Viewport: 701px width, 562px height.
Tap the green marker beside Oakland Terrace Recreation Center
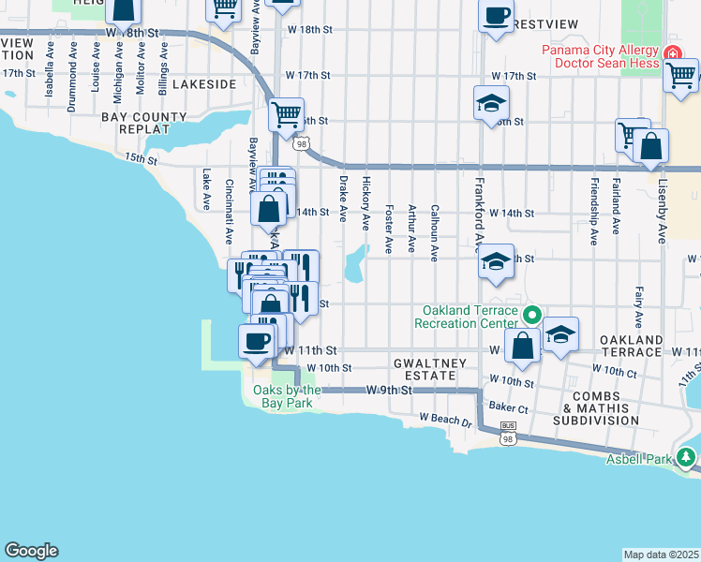[x=531, y=316]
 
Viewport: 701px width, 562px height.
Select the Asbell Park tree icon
[x=688, y=458]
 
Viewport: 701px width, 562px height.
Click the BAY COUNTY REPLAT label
[x=144, y=124]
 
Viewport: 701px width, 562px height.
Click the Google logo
[x=31, y=551]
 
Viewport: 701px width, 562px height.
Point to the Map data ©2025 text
[x=662, y=555]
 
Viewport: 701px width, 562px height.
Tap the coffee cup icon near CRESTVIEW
[x=496, y=17]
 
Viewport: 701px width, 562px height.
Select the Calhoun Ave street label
[x=434, y=228]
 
